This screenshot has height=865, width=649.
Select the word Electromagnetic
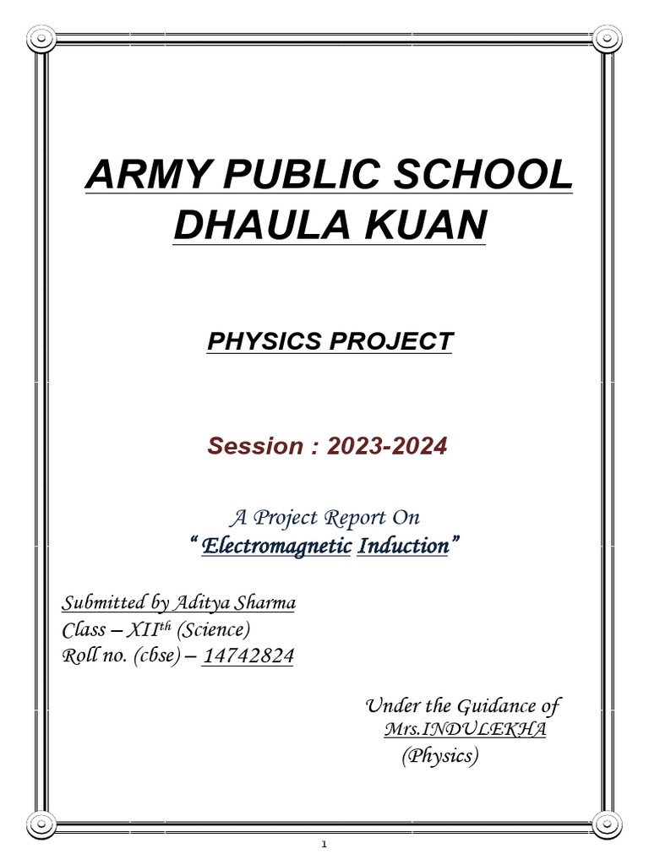click(276, 547)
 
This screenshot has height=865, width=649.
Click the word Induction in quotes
click(403, 547)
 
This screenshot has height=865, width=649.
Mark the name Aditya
click(201, 603)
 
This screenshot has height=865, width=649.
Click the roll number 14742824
click(248, 656)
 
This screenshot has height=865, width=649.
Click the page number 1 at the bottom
click(324, 846)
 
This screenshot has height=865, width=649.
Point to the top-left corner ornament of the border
click(40, 38)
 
